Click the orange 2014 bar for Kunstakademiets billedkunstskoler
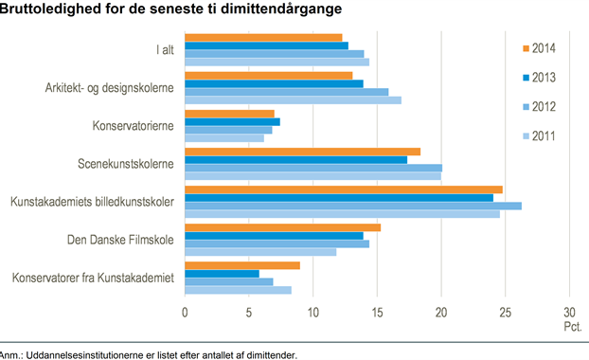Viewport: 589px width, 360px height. [344, 189]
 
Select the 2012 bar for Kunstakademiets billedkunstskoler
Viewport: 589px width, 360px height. [353, 206]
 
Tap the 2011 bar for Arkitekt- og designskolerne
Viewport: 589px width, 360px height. [293, 100]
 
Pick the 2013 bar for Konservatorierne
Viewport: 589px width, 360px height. [232, 122]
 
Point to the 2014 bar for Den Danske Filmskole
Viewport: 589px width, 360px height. [282, 227]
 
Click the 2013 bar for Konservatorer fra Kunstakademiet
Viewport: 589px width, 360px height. [222, 274]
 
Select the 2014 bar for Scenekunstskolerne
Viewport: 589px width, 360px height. [302, 152]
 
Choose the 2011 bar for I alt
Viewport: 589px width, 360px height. [277, 62]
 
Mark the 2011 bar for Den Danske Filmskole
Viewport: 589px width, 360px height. [260, 252]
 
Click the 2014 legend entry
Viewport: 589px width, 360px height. [539, 48]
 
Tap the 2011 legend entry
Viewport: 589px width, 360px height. [539, 136]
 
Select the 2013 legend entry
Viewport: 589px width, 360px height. [539, 78]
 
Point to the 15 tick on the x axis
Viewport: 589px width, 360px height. [377, 313]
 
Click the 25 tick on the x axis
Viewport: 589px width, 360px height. [506, 313]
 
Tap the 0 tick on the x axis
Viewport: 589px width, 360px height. [185, 313]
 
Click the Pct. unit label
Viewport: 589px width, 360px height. [573, 327]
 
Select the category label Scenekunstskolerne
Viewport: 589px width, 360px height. [126, 164]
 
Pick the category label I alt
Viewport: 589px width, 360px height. [166, 49]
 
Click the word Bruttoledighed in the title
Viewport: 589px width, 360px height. [50, 9]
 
